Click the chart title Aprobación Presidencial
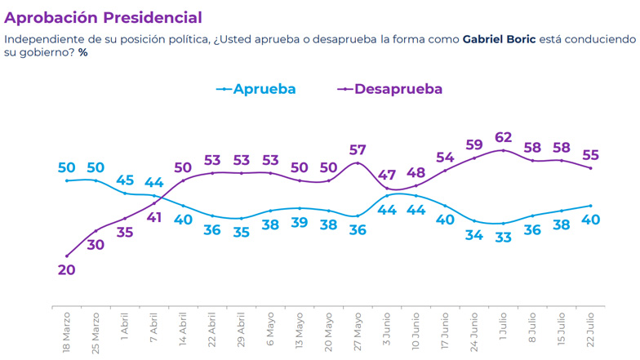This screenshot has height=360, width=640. (x=103, y=17)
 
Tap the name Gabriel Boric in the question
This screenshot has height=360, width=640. (x=499, y=39)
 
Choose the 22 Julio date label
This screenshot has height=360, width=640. (x=590, y=331)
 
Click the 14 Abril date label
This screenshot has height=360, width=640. (x=182, y=331)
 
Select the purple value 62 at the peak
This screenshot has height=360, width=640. (x=504, y=136)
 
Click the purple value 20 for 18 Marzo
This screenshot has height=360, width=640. (x=66, y=270)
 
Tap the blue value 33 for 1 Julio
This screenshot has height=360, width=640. (x=504, y=238)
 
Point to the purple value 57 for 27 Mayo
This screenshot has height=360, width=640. (x=358, y=149)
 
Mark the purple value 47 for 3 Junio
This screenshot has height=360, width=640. (x=387, y=175)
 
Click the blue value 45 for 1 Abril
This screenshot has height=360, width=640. (x=125, y=180)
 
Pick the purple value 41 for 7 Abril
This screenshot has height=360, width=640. (x=153, y=217)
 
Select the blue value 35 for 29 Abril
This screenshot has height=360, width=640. (x=241, y=232)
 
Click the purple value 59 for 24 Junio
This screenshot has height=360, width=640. (x=474, y=144)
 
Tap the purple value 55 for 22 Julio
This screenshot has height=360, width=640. (x=590, y=153)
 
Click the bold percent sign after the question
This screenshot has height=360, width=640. (x=82, y=52)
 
